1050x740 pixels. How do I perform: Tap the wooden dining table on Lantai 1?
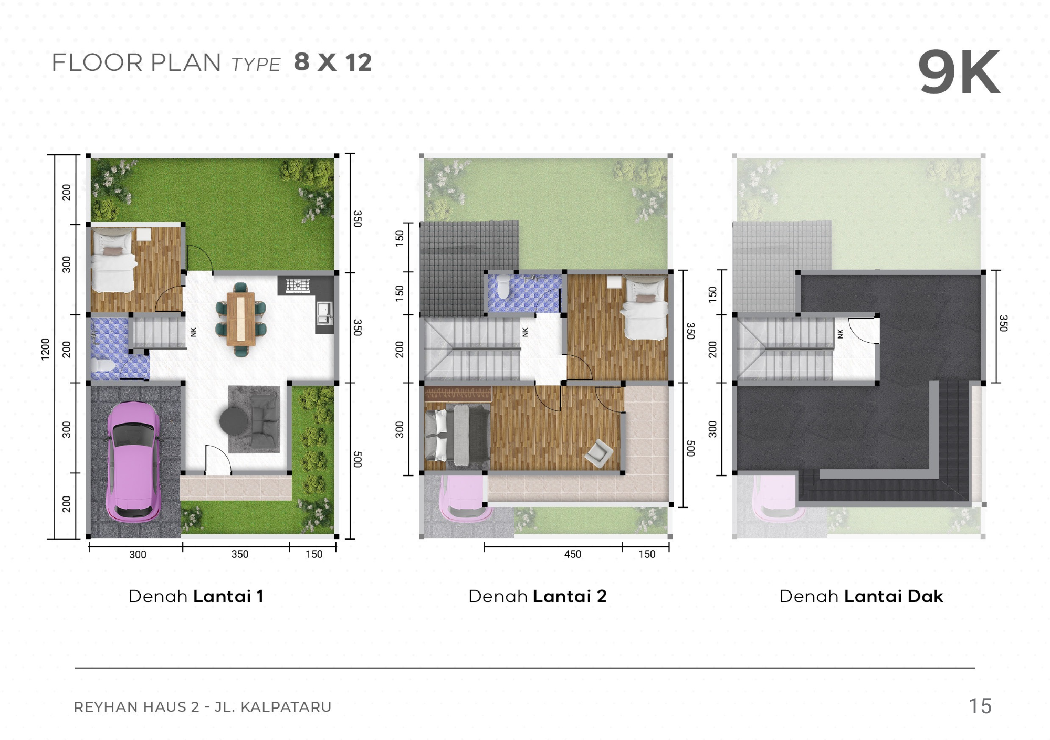coord(241,319)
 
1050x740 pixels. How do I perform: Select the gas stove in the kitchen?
coord(298,286)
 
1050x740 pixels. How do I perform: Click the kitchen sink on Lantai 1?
coord(324,313)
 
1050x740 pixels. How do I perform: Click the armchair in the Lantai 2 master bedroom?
coord(598,452)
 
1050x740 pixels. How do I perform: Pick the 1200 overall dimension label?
coord(45,349)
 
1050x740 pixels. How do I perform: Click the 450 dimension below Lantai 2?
coord(572,554)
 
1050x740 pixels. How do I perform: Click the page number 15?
coord(980,706)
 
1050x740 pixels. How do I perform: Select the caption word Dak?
coord(926,596)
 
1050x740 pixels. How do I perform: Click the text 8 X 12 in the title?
coord(333,62)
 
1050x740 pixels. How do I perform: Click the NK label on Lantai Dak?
coord(841,333)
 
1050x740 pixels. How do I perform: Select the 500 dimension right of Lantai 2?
coord(690,448)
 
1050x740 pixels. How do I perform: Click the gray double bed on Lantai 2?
coord(457,435)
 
